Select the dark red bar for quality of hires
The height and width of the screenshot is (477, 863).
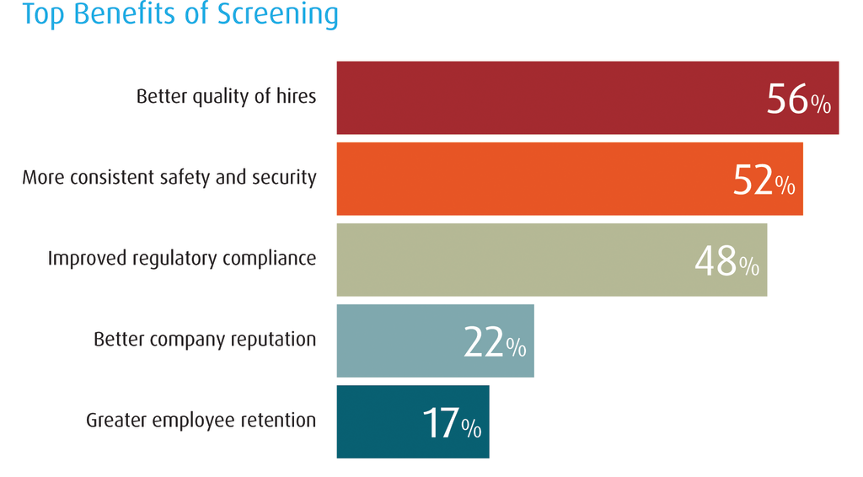(548, 98)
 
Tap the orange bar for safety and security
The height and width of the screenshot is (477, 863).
(531, 179)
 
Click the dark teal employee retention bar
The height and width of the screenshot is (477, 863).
(375, 421)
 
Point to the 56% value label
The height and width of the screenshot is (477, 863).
(798, 99)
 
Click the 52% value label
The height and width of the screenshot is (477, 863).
(763, 180)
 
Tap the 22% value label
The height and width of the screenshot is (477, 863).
(495, 342)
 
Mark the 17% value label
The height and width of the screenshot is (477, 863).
(451, 423)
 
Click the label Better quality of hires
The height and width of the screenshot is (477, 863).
(226, 96)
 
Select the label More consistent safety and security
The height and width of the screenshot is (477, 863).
(169, 177)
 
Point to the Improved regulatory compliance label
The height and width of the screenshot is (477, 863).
(181, 258)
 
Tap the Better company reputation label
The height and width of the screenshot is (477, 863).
(205, 340)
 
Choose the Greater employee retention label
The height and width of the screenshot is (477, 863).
(201, 420)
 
